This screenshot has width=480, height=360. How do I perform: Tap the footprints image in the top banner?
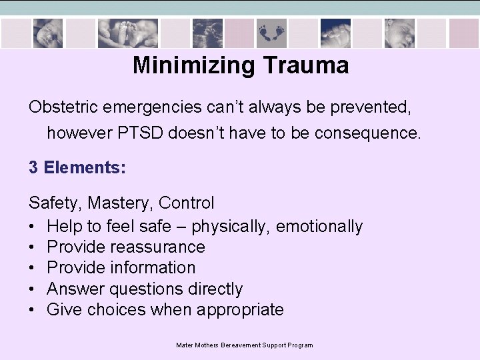click(271, 32)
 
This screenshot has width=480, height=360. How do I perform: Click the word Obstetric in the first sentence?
click(60, 107)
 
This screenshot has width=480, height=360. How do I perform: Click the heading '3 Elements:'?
click(77, 167)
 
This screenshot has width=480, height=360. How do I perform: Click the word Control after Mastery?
click(187, 203)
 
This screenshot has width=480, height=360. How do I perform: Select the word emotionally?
click(319, 227)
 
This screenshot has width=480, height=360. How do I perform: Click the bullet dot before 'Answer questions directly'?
click(33, 289)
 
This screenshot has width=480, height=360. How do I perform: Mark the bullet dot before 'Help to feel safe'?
click(33, 227)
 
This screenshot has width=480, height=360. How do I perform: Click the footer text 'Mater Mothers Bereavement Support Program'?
click(244, 345)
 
